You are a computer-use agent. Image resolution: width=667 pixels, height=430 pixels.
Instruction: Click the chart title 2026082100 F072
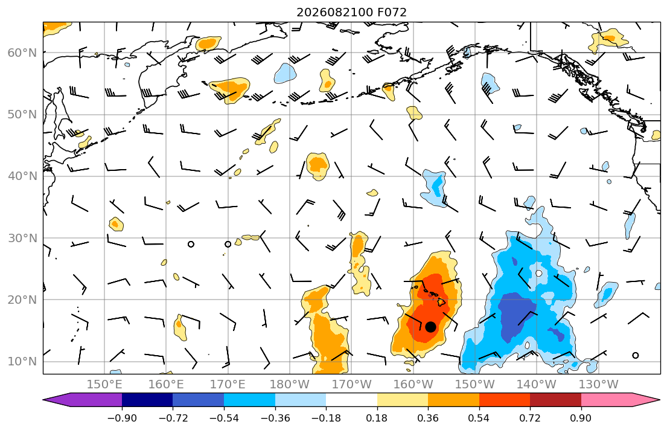351,12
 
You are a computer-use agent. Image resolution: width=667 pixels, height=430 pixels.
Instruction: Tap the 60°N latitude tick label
22,53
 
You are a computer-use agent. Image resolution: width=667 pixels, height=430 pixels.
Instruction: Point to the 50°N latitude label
22,115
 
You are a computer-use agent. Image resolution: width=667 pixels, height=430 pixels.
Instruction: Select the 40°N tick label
22,176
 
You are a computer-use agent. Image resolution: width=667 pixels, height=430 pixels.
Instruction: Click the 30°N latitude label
22,238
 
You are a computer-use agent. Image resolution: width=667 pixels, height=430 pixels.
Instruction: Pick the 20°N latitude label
22,300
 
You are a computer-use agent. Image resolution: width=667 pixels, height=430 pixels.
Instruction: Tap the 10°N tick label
22,362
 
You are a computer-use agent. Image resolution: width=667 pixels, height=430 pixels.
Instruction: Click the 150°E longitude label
104,385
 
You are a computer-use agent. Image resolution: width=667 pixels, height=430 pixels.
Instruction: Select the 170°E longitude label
228,385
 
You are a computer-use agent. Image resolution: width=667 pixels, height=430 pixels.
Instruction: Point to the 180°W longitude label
290,385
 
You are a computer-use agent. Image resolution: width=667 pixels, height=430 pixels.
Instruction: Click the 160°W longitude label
413,385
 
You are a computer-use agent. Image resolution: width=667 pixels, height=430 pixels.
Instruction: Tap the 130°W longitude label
599,385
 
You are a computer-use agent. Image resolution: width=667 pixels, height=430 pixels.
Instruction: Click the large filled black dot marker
430,327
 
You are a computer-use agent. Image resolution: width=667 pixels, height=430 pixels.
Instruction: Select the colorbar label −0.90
122,418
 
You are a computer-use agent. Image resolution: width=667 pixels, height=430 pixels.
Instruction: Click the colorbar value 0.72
530,418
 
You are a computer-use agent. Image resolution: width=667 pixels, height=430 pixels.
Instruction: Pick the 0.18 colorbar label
377,418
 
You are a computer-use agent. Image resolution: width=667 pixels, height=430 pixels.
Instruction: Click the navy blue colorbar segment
147,400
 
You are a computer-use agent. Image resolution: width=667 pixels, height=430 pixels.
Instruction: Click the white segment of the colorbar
351,400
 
